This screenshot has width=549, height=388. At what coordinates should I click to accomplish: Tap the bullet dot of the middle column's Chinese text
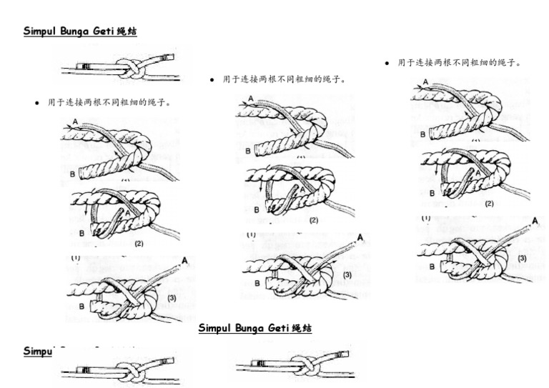click(x=212, y=80)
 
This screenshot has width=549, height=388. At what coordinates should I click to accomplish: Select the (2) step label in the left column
click(x=139, y=243)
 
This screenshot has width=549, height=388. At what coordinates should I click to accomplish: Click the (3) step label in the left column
click(x=172, y=297)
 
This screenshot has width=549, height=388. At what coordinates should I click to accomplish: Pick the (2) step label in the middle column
click(x=314, y=220)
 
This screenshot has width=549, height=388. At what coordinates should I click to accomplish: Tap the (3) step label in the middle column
click(x=347, y=274)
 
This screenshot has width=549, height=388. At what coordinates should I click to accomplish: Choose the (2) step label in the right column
click(x=489, y=204)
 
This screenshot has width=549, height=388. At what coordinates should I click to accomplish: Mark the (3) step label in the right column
click(x=522, y=257)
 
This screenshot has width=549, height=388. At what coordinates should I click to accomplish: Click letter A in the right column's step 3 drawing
click(x=534, y=222)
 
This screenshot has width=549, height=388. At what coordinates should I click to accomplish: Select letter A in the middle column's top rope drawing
click(x=250, y=98)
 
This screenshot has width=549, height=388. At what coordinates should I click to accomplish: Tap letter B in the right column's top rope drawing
click(x=422, y=134)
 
